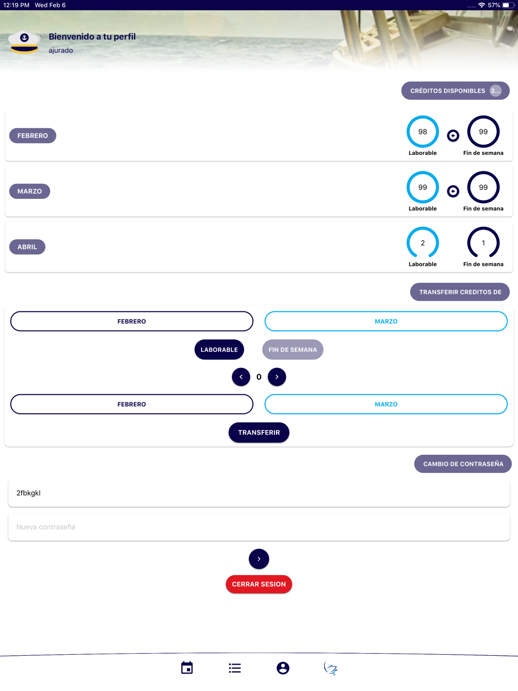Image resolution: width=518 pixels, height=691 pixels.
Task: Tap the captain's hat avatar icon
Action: [x=24, y=42]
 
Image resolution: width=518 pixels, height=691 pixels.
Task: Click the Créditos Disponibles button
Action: [x=455, y=91]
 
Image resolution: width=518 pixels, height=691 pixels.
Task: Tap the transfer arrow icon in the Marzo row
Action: [x=453, y=191]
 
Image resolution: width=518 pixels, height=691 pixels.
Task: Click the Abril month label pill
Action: [x=27, y=247]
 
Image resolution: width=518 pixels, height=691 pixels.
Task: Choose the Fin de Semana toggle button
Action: [x=293, y=350]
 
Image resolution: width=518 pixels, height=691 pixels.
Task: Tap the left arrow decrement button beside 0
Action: [x=241, y=377]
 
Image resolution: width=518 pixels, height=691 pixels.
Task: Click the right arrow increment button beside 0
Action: [x=277, y=377]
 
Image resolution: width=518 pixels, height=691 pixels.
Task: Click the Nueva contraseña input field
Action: [x=258, y=527]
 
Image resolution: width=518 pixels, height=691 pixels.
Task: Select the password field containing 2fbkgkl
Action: [x=258, y=493]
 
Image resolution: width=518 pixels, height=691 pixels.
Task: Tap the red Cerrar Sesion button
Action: [x=258, y=584]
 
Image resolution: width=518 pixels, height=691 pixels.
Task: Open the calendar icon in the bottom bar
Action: [x=187, y=668]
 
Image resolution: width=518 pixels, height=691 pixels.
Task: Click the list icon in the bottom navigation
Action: [x=235, y=668]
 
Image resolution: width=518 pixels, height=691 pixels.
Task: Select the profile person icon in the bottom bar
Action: [x=283, y=668]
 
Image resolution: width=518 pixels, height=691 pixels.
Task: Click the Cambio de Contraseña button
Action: [x=463, y=464]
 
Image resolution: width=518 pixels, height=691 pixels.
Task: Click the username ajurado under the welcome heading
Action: [x=61, y=50]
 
